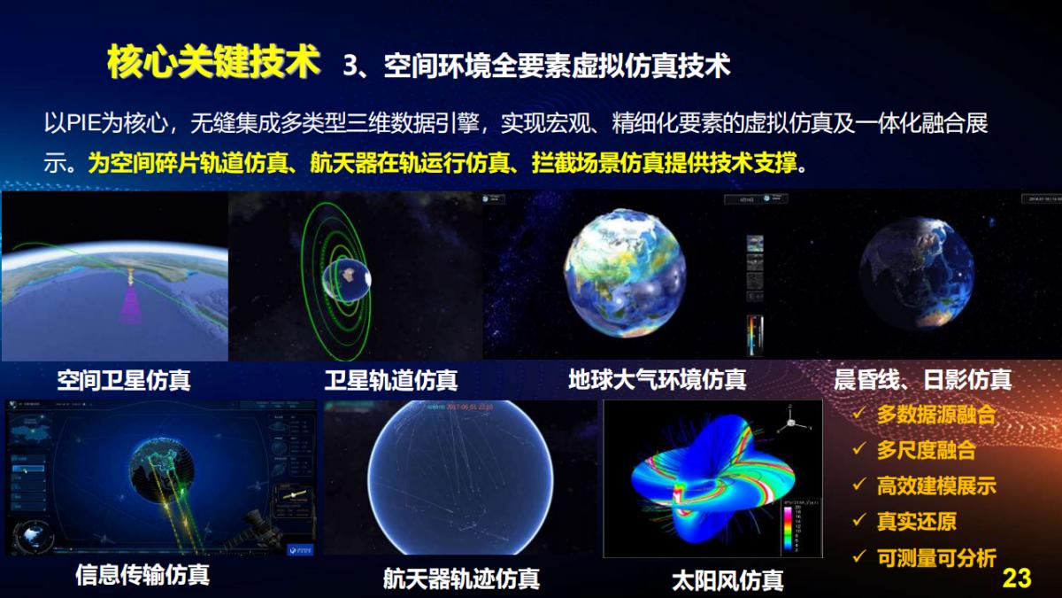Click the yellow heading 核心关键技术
point(212,62)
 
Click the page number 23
point(1017,579)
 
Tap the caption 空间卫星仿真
point(123,381)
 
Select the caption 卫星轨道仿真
point(390,381)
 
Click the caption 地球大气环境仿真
point(657,380)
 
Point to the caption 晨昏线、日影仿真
point(922,380)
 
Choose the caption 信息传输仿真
point(142,575)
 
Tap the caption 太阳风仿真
point(727,580)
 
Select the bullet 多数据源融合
point(936,415)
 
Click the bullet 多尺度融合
point(926,450)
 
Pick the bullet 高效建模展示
point(936,485)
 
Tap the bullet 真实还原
point(916,522)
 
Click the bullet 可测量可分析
point(936,557)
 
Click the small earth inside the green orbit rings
point(347,280)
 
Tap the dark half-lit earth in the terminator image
point(918,265)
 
